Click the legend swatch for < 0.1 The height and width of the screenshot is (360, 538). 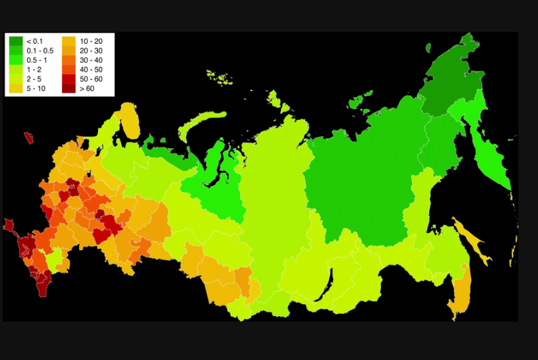(16, 41)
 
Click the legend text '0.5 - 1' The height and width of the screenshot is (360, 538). (36, 60)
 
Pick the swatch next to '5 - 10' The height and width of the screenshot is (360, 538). (16, 88)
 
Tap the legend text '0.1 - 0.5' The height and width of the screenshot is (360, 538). (39, 51)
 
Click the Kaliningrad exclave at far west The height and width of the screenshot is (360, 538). (28, 138)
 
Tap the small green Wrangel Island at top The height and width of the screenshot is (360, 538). (429, 47)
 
